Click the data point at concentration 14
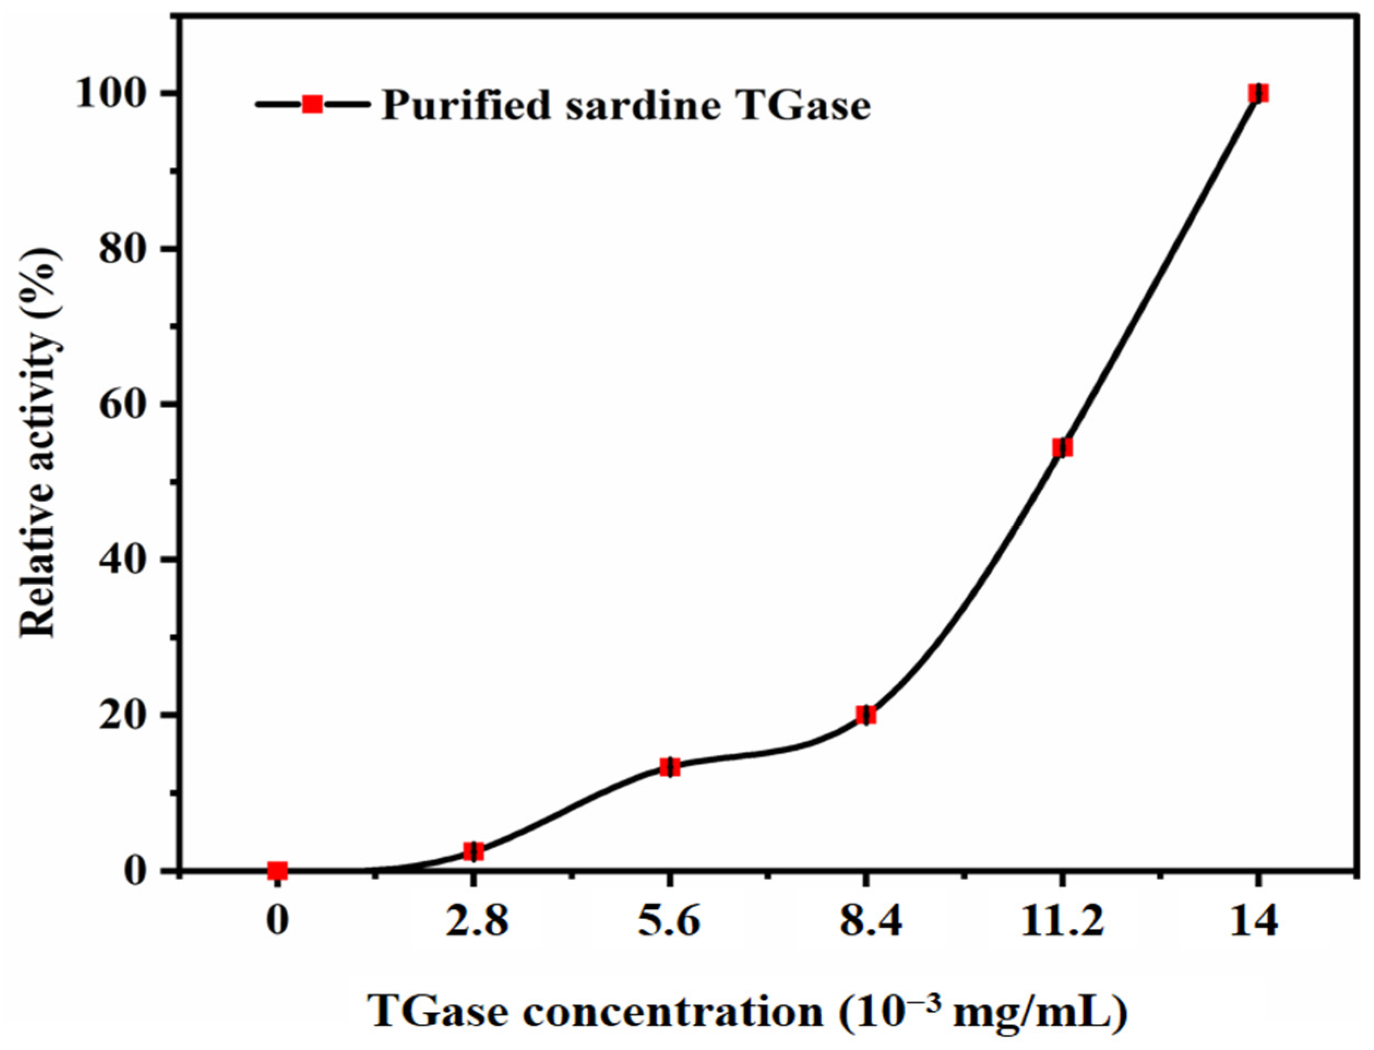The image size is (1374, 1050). (1258, 94)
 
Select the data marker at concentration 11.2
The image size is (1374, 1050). (1062, 447)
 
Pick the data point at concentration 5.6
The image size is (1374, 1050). (670, 767)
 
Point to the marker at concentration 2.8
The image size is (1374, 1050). (473, 851)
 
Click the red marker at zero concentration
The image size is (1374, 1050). (278, 870)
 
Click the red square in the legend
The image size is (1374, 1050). (312, 104)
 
